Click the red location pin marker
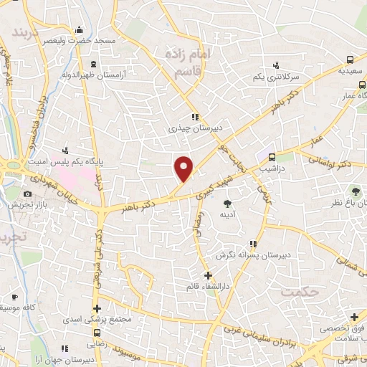coord(184,168)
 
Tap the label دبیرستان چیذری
coord(192,129)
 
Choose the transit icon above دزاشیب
coord(272,158)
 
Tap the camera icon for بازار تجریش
coord(27,194)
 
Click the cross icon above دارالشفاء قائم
coord(207,275)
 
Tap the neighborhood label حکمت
coord(299,292)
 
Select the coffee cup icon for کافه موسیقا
coord(14,297)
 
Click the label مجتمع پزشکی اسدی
coord(97,320)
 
